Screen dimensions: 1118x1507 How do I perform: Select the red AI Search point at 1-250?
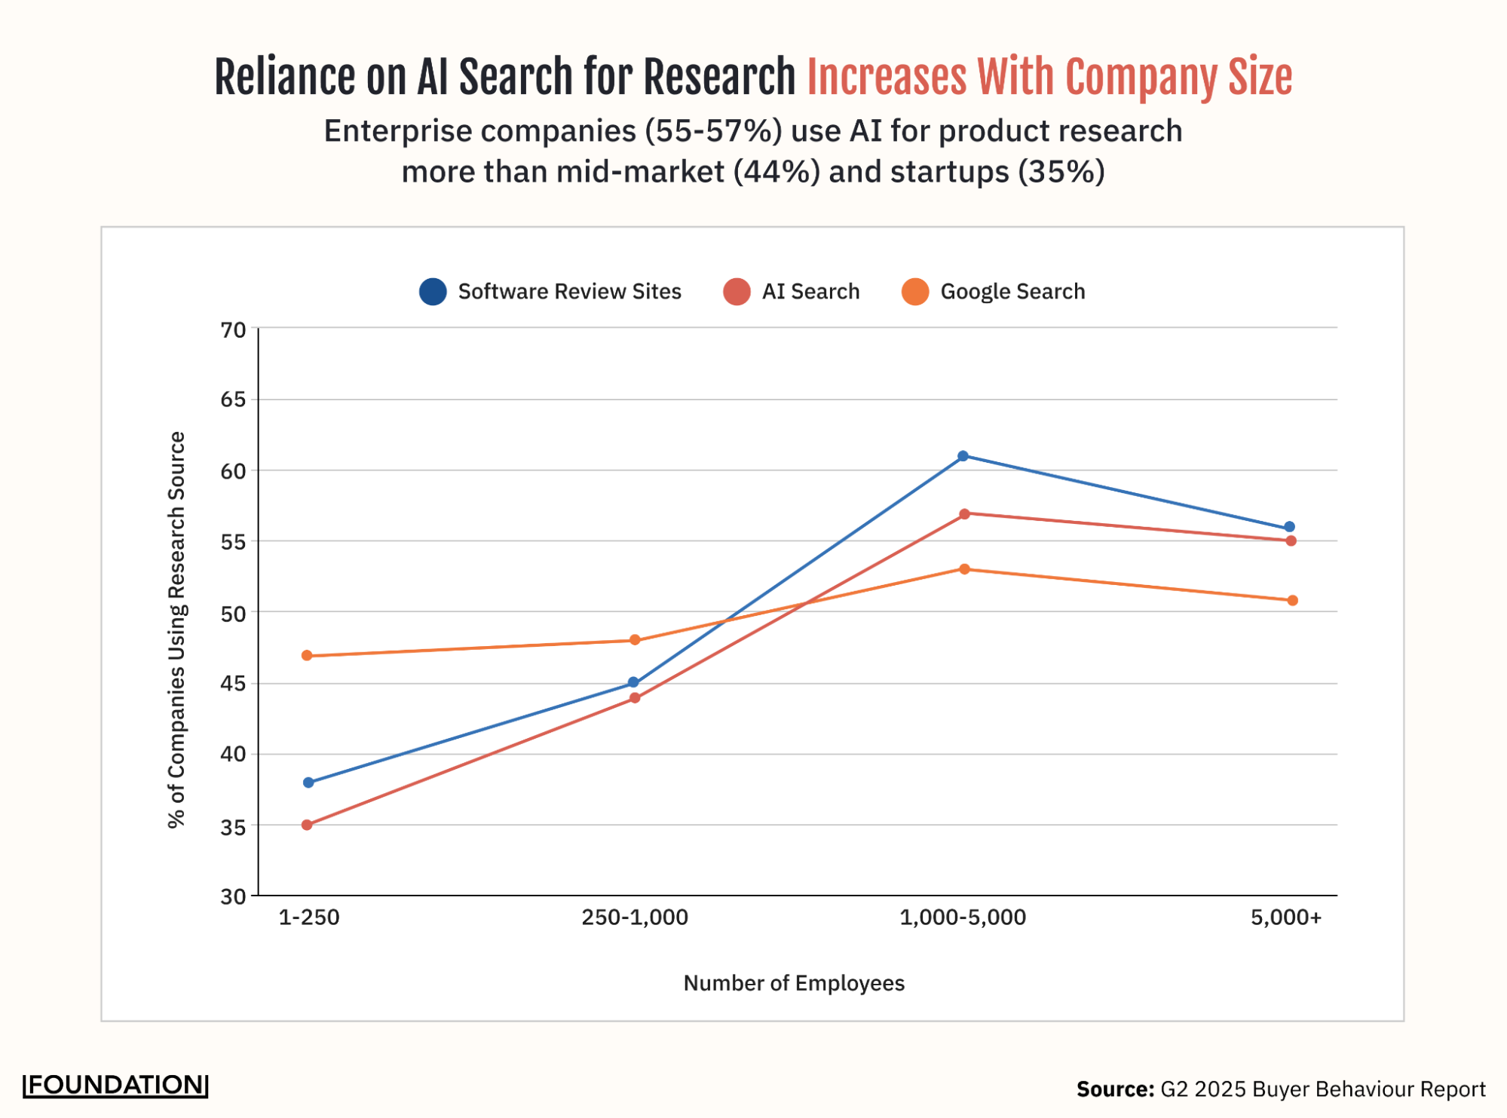point(307,825)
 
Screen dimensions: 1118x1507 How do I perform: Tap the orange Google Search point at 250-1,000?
point(635,640)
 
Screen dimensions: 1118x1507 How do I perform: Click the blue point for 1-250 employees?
point(308,783)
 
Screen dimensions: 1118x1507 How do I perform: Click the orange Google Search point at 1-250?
point(307,656)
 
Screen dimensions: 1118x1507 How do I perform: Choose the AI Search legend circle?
point(737,292)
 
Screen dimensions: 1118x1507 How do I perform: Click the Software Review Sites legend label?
point(569,292)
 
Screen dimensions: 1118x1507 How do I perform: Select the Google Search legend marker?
point(915,292)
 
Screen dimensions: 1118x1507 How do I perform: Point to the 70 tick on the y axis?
point(233,330)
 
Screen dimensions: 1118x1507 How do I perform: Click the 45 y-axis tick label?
point(233,684)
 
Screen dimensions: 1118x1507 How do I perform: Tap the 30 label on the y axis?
point(233,896)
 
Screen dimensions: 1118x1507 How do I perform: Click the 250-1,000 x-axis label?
point(635,917)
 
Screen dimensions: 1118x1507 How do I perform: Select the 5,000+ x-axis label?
point(1286,917)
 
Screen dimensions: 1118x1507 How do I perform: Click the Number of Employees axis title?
point(794,983)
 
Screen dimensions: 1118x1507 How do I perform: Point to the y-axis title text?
point(176,629)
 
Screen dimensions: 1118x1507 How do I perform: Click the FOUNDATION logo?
point(115,1085)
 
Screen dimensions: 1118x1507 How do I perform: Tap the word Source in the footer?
point(1114,1089)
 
